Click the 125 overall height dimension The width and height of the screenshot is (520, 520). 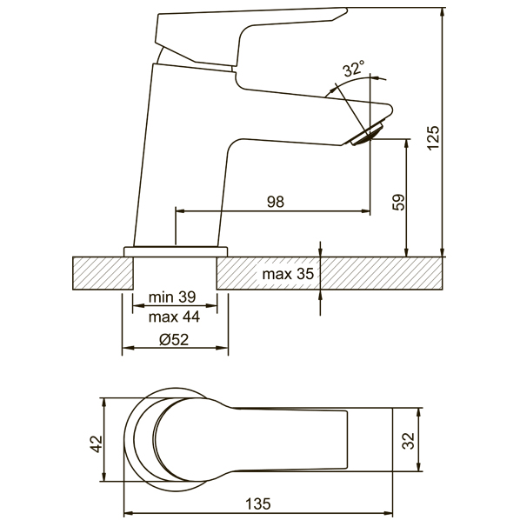coord(433,138)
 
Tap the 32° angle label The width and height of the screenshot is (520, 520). coord(354,69)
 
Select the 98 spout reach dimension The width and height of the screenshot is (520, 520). coord(276,202)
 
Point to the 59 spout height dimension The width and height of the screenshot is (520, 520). coord(399,202)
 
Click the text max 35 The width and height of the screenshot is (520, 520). coord(288,274)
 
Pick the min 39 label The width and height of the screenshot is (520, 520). coord(172,297)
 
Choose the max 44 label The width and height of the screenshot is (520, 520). coord(174,317)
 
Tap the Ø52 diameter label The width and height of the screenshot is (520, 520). coord(174,340)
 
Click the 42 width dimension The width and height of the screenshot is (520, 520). coord(97,443)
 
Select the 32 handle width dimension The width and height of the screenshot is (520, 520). coord(408,441)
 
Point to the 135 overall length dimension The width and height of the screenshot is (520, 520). coord(258,503)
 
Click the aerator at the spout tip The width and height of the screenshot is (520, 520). coord(367,134)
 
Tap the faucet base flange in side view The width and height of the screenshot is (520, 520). coord(177,251)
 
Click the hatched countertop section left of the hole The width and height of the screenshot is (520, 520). coord(103,273)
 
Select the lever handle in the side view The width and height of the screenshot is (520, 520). coord(252,37)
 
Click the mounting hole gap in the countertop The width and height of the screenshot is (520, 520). coord(175,273)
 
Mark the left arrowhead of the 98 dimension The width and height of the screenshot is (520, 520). coord(180,210)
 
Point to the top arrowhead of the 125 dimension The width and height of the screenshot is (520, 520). coord(442,12)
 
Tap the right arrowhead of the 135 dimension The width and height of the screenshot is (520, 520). coord(388,513)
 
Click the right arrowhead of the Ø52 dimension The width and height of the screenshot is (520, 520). coord(223,348)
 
